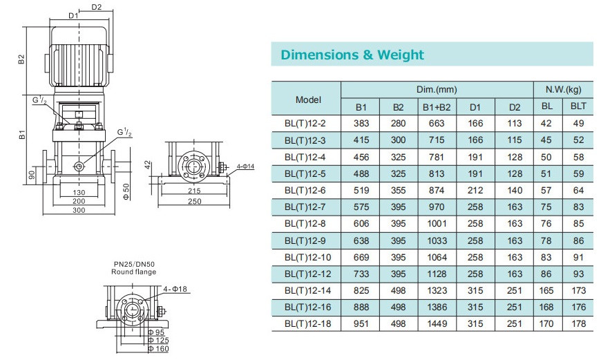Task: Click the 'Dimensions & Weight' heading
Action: pyautogui.click(x=352, y=55)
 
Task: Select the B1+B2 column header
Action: pyautogui.click(x=437, y=107)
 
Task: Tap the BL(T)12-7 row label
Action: pyautogui.click(x=305, y=207)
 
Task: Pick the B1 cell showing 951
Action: pyautogui.click(x=361, y=323)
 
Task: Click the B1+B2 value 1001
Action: pyautogui.click(x=437, y=223)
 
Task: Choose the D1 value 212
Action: pyautogui.click(x=475, y=190)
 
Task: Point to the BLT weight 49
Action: pyautogui.click(x=578, y=124)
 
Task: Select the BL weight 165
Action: pyautogui.click(x=546, y=291)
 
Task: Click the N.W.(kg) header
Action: pyautogui.click(x=564, y=90)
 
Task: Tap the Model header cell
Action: pyautogui.click(x=308, y=100)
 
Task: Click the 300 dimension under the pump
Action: pyautogui.click(x=79, y=210)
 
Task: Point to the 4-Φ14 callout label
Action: pyautogui.click(x=245, y=167)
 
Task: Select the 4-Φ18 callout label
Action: pyautogui.click(x=175, y=289)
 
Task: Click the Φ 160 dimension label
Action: pyautogui.click(x=158, y=349)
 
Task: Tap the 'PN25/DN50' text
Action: pyautogui.click(x=134, y=264)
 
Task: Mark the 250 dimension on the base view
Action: pyautogui.click(x=194, y=201)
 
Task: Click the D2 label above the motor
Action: pyautogui.click(x=97, y=7)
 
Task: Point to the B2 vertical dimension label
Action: pyautogui.click(x=21, y=59)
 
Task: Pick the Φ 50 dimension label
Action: pyautogui.click(x=126, y=191)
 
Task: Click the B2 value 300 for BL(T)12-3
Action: pyautogui.click(x=398, y=140)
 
